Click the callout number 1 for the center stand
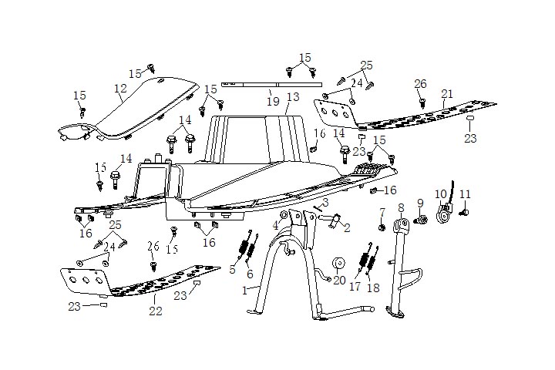pyautogui.click(x=245, y=290)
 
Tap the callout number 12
pyautogui.click(x=120, y=89)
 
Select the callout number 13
pyautogui.click(x=292, y=98)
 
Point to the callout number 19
pyautogui.click(x=272, y=101)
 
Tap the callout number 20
pyautogui.click(x=339, y=280)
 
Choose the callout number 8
pyautogui.click(x=401, y=208)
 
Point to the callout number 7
pyautogui.click(x=382, y=212)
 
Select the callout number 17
pyautogui.click(x=355, y=285)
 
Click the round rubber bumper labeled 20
pyautogui.click(x=337, y=264)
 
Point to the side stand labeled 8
pyautogui.click(x=399, y=270)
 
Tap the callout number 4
pyautogui.click(x=275, y=226)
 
